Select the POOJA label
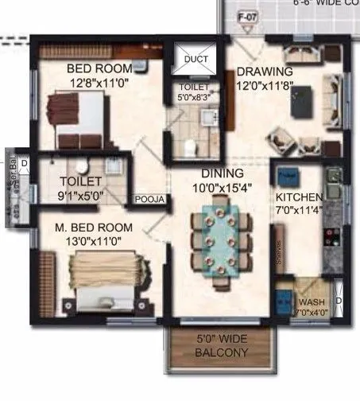(x=149, y=200)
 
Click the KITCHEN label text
(x=299, y=197)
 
